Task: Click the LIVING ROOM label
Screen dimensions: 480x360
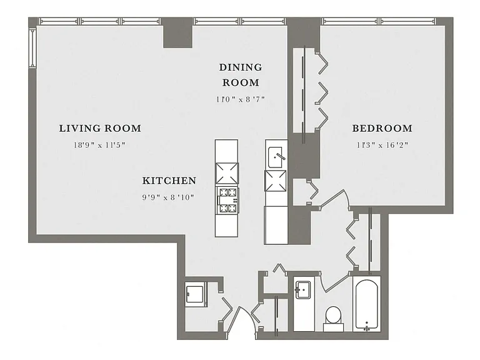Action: pyautogui.click(x=100, y=128)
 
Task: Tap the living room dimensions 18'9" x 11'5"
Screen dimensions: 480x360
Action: pyautogui.click(x=100, y=145)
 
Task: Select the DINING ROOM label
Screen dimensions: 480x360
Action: pyautogui.click(x=241, y=75)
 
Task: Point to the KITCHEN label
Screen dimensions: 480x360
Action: pyautogui.click(x=169, y=181)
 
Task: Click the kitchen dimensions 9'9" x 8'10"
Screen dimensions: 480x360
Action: pyautogui.click(x=168, y=197)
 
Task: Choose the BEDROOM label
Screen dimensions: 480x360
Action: pyautogui.click(x=382, y=128)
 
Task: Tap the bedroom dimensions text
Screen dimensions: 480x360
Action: pyautogui.click(x=382, y=145)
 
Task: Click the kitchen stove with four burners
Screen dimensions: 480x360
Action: pyautogui.click(x=227, y=200)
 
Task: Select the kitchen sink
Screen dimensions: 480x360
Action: pyautogui.click(x=276, y=157)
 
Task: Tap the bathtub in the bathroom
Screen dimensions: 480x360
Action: pyautogui.click(x=366, y=304)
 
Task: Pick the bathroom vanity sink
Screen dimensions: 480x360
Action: pyautogui.click(x=302, y=289)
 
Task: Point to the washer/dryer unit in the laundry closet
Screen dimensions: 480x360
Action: pyautogui.click(x=196, y=294)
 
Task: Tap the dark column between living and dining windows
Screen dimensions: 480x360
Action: pyautogui.click(x=177, y=32)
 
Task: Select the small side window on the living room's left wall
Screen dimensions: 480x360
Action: pyautogui.click(x=32, y=47)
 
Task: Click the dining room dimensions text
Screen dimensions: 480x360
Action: pyautogui.click(x=241, y=99)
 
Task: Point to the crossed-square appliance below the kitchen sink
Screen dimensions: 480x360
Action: pyautogui.click(x=276, y=181)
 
